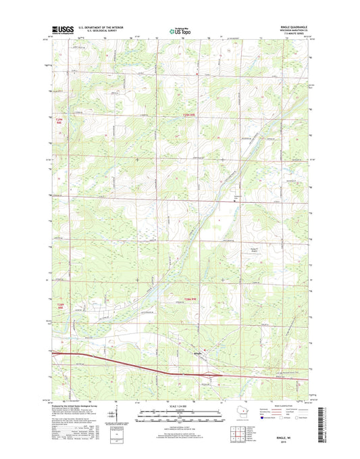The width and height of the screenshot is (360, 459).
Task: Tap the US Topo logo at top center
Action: (x=180, y=30)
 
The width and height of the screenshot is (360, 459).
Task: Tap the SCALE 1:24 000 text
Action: (x=180, y=405)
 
